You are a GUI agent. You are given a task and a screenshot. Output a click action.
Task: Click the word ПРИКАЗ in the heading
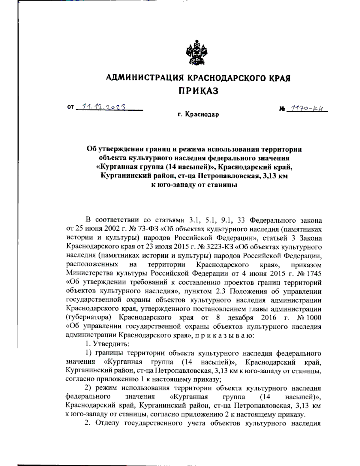(x=198, y=91)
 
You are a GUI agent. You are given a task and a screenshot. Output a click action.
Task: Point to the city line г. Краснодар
(x=198, y=115)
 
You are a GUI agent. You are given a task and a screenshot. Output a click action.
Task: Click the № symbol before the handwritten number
(x=282, y=109)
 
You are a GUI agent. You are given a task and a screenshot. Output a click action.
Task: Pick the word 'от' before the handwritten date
(x=70, y=107)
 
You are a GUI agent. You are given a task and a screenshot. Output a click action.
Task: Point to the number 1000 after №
(x=313, y=318)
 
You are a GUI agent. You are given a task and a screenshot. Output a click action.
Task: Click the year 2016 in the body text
(x=268, y=318)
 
